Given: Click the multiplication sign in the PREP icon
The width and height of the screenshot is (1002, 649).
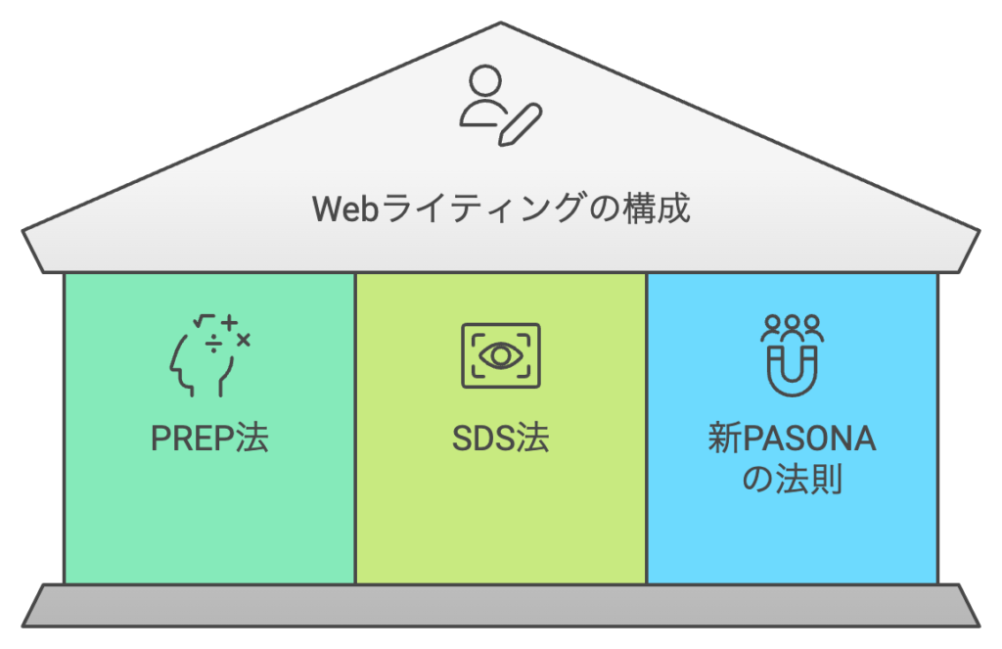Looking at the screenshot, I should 243,340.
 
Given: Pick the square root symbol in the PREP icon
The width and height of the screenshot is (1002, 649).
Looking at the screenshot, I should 204,321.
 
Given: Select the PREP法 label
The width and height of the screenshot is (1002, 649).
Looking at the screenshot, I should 208,439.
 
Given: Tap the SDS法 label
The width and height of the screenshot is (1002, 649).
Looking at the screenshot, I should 500,439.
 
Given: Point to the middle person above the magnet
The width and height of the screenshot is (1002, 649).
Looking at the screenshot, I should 793,324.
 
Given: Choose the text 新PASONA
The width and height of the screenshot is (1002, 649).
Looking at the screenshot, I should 792,439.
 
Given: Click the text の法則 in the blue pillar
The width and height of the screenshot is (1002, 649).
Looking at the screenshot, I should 792,481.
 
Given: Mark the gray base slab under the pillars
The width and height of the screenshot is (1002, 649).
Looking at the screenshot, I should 501,605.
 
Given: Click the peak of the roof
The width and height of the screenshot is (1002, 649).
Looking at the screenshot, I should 501,23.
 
